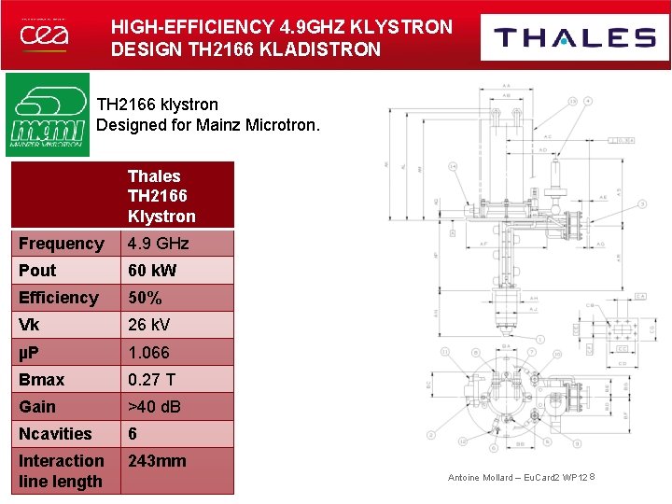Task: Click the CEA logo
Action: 44,35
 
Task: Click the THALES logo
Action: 574,37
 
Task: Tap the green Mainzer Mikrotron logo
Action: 47,115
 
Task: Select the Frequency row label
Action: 62,244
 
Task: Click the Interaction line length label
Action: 62,471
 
